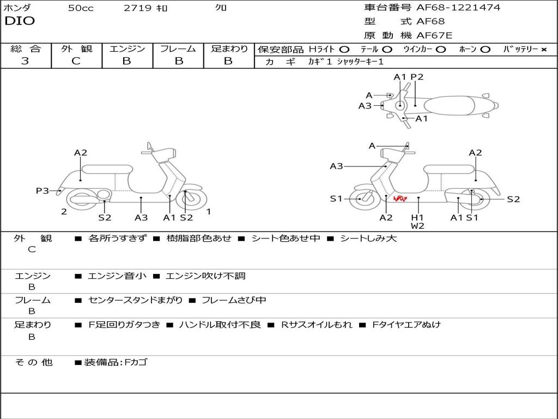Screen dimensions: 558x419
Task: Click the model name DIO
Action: (x=20, y=21)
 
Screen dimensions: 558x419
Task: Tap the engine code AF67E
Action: (x=434, y=36)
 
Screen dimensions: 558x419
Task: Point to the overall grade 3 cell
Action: (x=25, y=61)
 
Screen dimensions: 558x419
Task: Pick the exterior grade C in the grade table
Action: (x=76, y=61)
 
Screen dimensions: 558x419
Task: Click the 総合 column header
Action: (x=25, y=49)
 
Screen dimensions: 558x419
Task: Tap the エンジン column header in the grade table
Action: (x=127, y=49)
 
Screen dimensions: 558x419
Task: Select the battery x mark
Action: (x=544, y=50)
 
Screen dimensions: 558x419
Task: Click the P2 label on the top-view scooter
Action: (x=417, y=77)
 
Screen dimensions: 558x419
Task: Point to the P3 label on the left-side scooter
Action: (x=43, y=190)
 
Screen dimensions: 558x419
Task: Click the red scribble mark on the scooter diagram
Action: (x=400, y=200)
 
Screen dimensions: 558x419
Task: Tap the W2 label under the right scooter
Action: (x=417, y=226)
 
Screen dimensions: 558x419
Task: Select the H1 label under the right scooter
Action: (x=417, y=217)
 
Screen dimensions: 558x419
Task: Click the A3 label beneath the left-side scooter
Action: (x=141, y=218)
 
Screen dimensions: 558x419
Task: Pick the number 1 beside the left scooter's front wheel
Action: (x=208, y=212)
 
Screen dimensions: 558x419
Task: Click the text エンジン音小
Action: (x=117, y=276)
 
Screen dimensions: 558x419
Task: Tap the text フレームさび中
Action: (x=234, y=301)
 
